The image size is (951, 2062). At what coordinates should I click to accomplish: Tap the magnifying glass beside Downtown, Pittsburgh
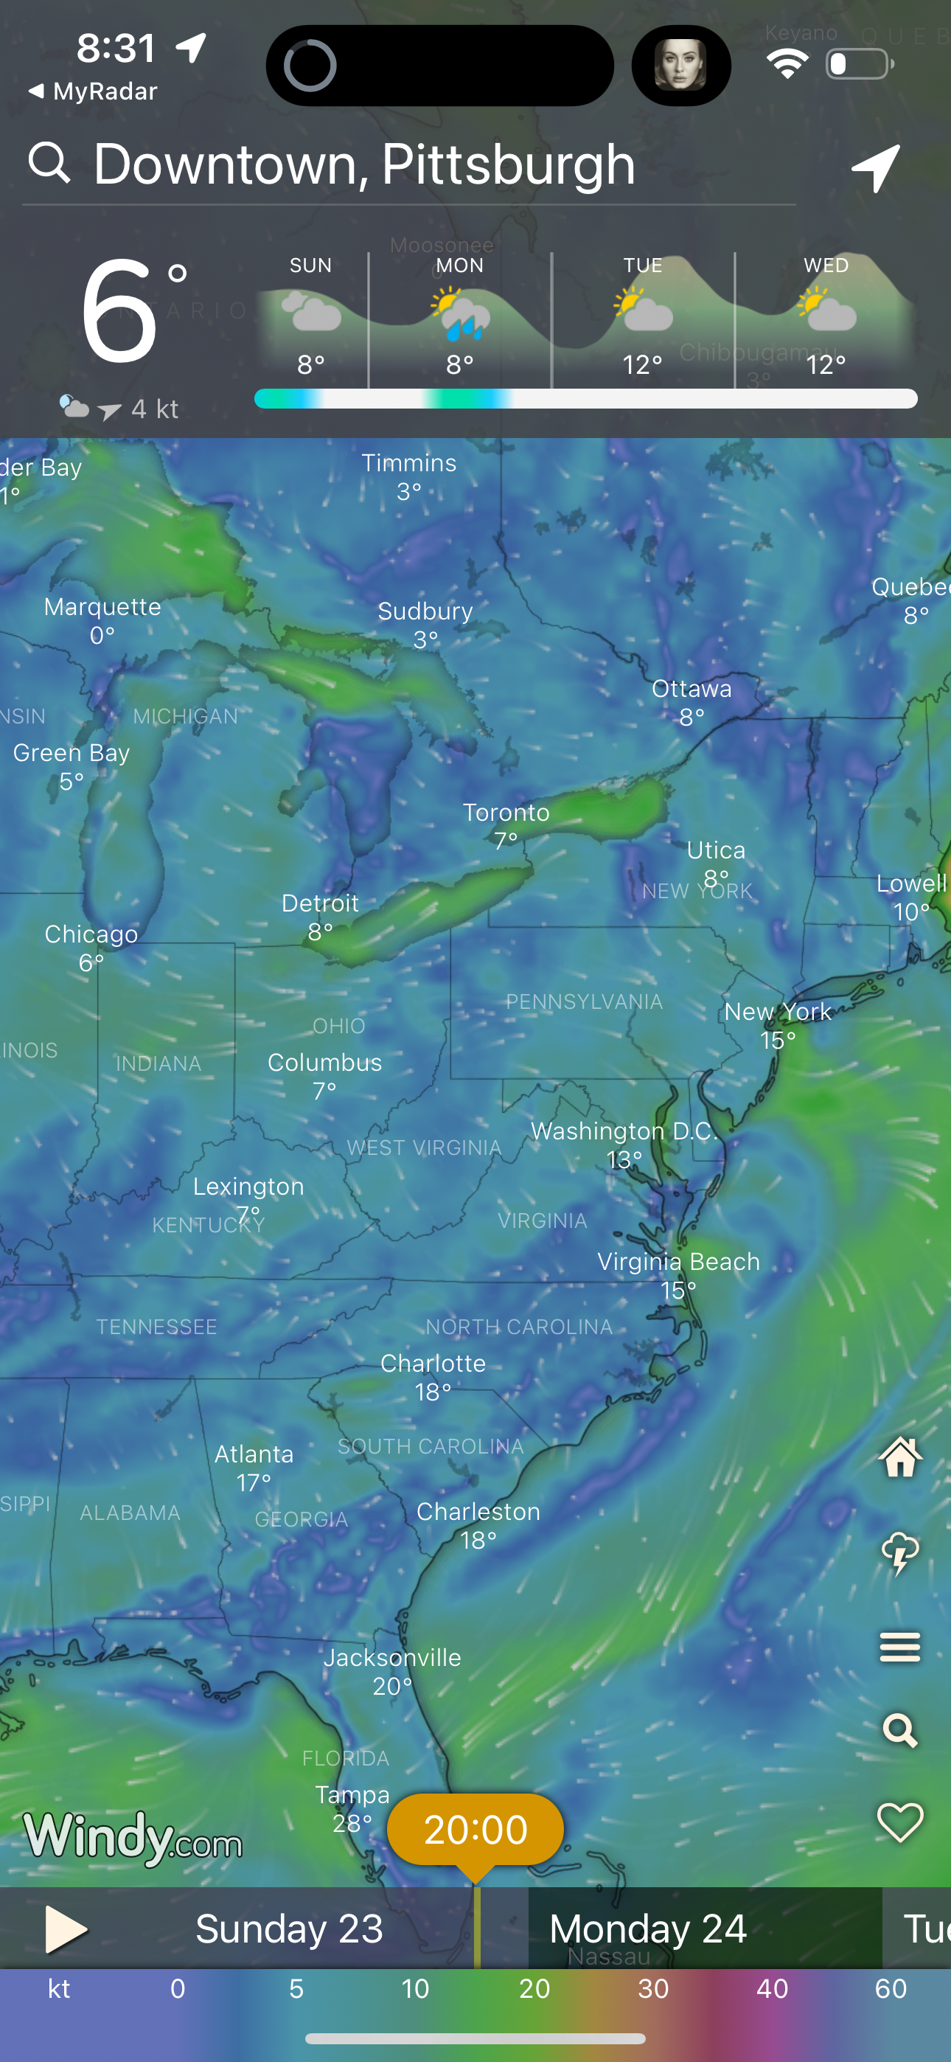click(x=49, y=163)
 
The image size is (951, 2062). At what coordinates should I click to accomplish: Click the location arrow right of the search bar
click(x=876, y=168)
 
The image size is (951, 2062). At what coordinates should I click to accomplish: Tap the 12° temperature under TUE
click(x=642, y=365)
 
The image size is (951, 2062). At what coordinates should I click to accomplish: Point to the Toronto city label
click(x=506, y=813)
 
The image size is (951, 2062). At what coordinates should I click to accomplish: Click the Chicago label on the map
click(x=91, y=935)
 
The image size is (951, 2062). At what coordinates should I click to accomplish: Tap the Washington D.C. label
click(x=624, y=1132)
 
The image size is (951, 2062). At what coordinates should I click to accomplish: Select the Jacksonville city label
click(x=392, y=1658)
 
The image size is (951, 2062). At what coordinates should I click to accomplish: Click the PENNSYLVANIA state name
click(x=585, y=1002)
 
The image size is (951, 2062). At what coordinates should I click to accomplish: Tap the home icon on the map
click(x=900, y=1457)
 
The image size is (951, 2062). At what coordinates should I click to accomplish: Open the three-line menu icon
click(x=900, y=1648)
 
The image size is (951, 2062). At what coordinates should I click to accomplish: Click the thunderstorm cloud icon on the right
click(x=900, y=1553)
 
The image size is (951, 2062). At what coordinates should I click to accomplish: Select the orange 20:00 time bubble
click(x=475, y=1830)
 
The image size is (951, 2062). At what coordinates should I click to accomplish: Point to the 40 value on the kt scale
click(x=772, y=1989)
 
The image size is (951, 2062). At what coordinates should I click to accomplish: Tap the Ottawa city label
click(x=692, y=690)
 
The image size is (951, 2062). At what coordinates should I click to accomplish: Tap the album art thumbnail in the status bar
click(x=680, y=66)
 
